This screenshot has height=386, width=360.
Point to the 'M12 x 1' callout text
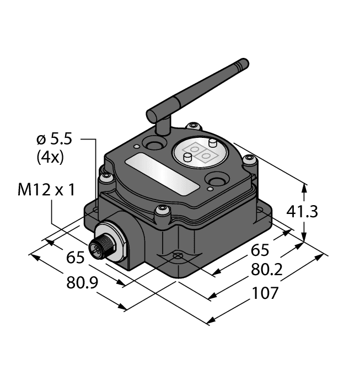pos(46,190)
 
